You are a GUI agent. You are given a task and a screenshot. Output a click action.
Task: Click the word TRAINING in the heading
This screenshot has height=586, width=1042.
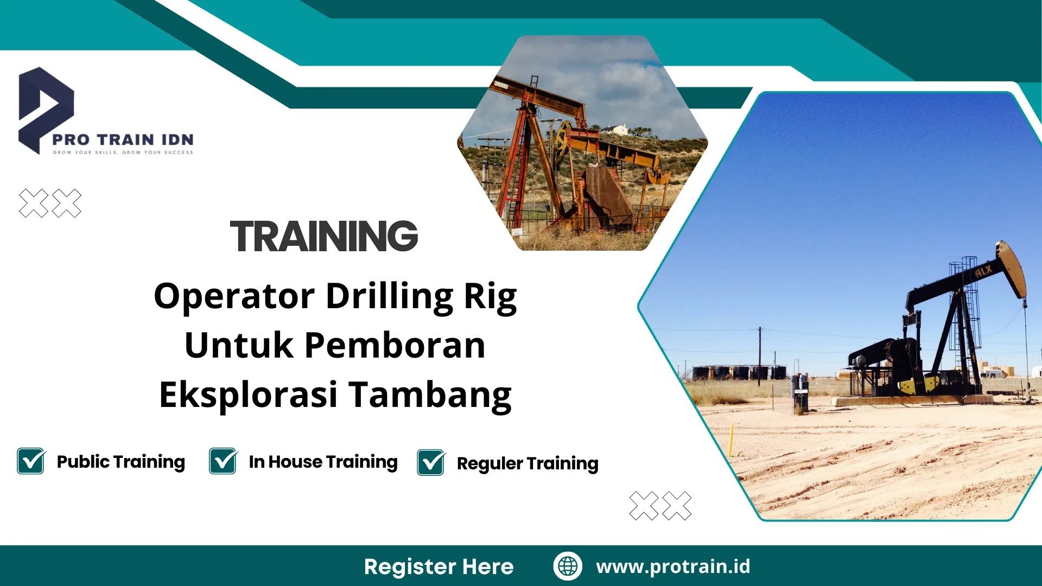point(324,237)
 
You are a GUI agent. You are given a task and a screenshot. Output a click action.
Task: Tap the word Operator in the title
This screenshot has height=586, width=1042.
point(234,297)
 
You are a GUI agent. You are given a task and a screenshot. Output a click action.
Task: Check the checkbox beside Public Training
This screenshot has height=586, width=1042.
point(31,461)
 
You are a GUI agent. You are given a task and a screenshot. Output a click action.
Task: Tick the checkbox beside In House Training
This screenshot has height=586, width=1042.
point(223,461)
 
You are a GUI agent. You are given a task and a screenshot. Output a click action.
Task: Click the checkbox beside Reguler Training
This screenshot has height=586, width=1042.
point(431,462)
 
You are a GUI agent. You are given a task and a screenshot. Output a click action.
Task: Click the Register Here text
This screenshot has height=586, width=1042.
point(439,566)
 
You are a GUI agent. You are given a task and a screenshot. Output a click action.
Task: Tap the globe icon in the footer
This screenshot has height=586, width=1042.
point(568,566)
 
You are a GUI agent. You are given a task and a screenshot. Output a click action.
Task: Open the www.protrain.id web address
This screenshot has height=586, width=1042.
point(673,566)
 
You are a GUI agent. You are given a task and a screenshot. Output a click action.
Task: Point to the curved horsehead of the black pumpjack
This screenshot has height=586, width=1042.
point(1012,269)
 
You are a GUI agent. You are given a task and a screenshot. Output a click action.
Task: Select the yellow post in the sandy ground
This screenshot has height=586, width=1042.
point(732,441)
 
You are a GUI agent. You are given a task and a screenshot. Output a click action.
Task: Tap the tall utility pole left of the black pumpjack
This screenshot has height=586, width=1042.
point(759,355)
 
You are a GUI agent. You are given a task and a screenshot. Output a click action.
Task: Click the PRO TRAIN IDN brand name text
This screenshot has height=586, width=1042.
point(123,140)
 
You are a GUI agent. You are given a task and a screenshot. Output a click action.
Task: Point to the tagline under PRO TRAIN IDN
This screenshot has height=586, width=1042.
point(123,152)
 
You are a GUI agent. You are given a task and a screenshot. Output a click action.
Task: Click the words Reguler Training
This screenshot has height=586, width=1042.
point(528,464)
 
